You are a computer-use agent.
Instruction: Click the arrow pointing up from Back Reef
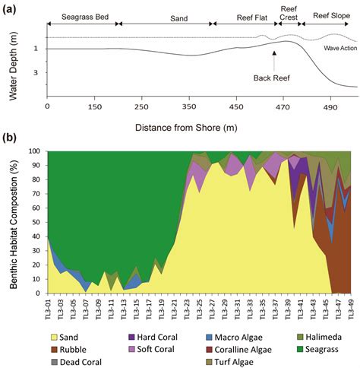pyautogui.click(x=274, y=60)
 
